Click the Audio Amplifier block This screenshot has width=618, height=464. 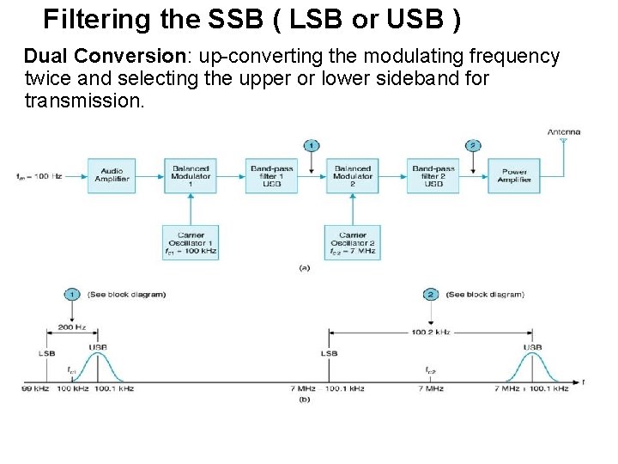point(112,174)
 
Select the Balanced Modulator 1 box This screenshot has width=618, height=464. point(191,175)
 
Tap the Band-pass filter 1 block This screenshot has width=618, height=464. point(272,175)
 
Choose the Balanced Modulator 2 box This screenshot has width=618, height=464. point(352,175)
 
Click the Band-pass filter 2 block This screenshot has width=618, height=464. point(433,175)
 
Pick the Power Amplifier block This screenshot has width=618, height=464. point(513,175)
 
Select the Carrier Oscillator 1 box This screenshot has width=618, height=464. point(191,243)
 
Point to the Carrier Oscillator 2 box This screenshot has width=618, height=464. point(352,243)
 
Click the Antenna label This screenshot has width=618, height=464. point(564,131)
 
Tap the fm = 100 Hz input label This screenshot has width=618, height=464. point(38,176)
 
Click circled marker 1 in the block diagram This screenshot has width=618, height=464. point(312,145)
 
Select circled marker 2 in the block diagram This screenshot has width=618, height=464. point(472,145)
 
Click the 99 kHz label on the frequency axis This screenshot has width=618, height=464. point(35,388)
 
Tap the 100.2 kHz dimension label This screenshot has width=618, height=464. point(431,331)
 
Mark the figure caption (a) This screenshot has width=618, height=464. point(304,268)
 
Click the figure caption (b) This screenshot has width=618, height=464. point(304,399)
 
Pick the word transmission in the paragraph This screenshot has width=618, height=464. point(84,101)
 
